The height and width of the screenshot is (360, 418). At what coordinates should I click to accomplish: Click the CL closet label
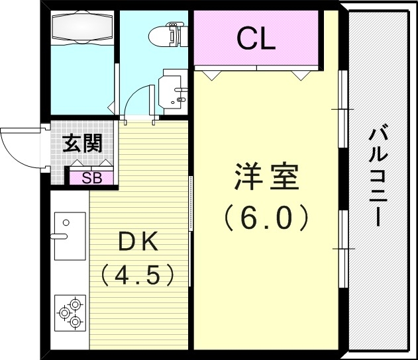tap(256, 40)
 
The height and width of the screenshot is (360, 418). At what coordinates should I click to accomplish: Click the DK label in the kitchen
tap(138, 242)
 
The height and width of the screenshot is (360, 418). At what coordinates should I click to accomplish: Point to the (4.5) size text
tap(137, 273)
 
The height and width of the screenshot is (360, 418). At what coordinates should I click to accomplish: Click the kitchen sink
tap(70, 236)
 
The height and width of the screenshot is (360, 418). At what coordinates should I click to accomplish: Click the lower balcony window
tap(343, 248)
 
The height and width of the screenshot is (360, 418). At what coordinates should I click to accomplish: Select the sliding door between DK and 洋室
tap(191, 204)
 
